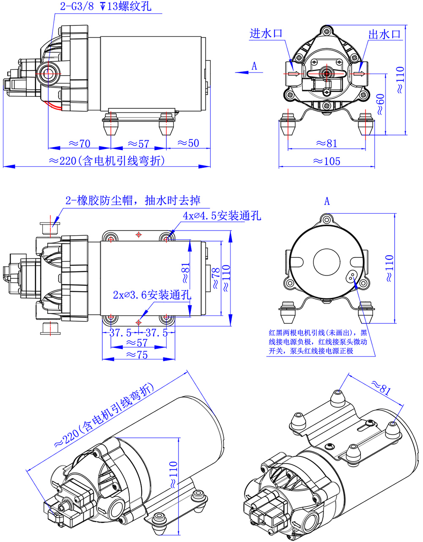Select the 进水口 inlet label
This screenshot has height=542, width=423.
click(x=265, y=33)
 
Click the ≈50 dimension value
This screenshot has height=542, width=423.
click(x=188, y=143)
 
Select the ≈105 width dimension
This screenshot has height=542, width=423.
click(x=326, y=161)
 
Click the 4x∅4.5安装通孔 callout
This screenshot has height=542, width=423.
click(x=222, y=216)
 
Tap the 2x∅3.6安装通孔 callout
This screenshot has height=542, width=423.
click(x=152, y=295)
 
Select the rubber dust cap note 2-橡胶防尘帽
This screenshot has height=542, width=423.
click(x=133, y=200)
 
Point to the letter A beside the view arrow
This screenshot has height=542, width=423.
click(x=254, y=66)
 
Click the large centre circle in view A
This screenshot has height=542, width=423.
click(x=326, y=263)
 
